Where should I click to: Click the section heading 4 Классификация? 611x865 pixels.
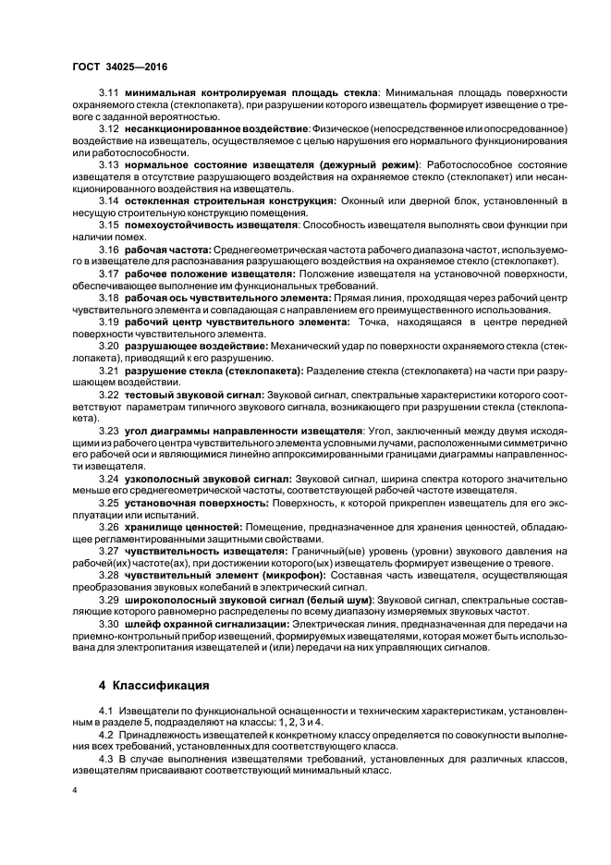pyautogui.click(x=153, y=686)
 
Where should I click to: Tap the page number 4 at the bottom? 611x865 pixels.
pyautogui.click(x=75, y=793)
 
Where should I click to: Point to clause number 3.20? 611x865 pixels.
pyautogui.click(x=110, y=345)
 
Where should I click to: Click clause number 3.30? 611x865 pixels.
pyautogui.click(x=110, y=624)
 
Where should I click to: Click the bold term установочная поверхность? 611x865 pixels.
pyautogui.click(x=195, y=501)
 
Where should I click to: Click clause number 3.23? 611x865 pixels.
pyautogui.click(x=110, y=431)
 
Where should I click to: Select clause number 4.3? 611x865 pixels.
pyautogui.click(x=106, y=757)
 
